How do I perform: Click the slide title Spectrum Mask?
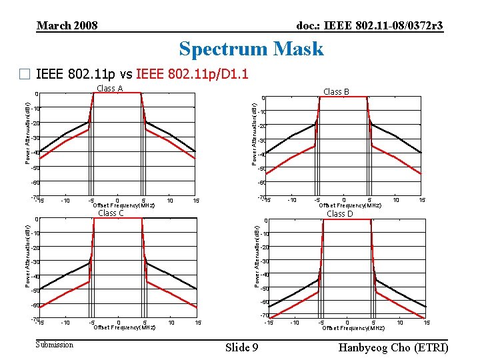pos(251,49)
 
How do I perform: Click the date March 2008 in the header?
pos(67,25)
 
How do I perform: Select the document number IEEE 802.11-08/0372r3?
pos(369,25)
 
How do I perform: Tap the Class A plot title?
pos(109,89)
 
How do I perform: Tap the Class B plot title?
pos(337,91)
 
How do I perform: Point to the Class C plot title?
pos(111,213)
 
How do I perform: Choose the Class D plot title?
pos(340,214)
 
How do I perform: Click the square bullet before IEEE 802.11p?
pos(26,75)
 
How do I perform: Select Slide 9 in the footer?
pos(242,347)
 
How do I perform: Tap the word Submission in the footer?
pos(55,345)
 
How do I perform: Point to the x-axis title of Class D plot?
pos(353,328)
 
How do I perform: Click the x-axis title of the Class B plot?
pos(350,205)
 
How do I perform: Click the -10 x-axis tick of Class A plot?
pos(65,201)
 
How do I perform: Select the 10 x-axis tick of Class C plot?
pos(171,323)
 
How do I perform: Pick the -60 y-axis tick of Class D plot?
pos(264,302)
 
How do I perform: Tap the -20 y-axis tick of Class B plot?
pos(263,126)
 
